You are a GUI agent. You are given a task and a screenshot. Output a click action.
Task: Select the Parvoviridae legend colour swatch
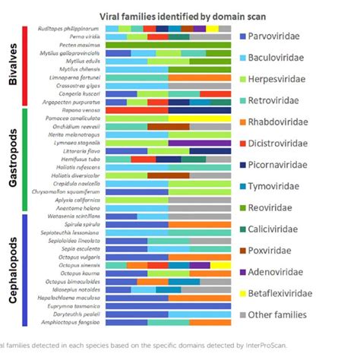tap(243, 36)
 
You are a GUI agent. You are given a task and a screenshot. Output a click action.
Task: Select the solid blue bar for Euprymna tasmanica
tap(167, 305)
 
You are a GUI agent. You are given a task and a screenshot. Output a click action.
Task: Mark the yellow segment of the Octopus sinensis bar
tap(216, 265)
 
